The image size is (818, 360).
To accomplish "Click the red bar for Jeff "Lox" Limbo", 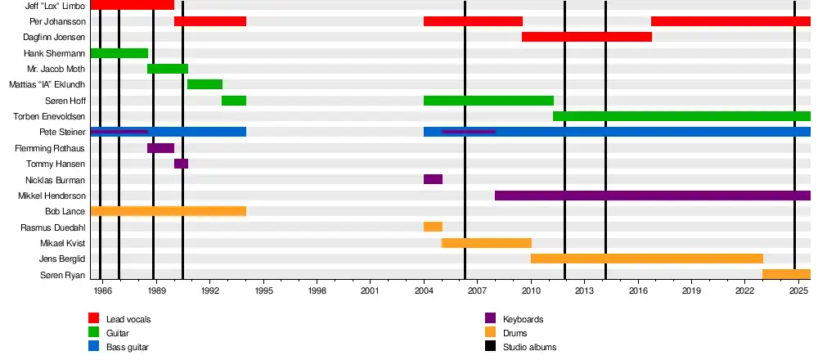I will click(132, 5).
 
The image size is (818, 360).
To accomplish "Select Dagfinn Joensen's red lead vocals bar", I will click(587, 37).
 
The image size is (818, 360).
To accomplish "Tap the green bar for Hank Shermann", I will click(119, 53).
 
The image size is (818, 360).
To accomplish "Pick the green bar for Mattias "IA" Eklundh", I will click(204, 84).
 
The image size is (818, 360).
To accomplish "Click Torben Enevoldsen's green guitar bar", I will click(681, 116).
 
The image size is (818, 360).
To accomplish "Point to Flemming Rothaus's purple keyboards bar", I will click(160, 148).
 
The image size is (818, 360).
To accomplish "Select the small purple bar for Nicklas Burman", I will click(433, 179).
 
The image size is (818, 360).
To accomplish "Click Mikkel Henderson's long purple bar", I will click(652, 196).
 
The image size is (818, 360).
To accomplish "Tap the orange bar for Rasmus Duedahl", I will click(433, 227).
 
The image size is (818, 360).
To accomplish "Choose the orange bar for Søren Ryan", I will click(786, 274).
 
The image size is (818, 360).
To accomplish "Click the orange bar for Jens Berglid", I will click(646, 259).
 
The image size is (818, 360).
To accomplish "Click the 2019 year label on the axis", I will click(691, 290).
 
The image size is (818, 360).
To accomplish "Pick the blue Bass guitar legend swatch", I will click(94, 347).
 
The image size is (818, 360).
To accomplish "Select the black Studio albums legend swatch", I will click(491, 347).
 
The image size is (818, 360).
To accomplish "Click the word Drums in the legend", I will click(515, 333).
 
